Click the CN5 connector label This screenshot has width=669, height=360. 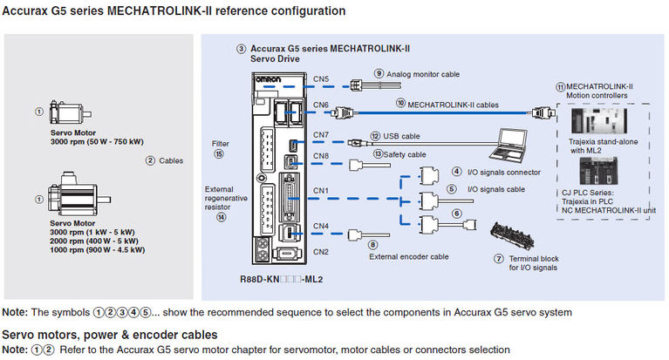point(321,78)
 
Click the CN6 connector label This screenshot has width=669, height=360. point(321,105)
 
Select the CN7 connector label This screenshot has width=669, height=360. point(321,134)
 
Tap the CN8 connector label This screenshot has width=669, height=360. point(321,157)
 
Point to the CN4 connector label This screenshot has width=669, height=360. point(321,227)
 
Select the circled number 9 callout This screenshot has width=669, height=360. point(379,74)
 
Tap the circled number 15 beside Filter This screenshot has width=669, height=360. point(219,153)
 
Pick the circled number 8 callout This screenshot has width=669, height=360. point(372,245)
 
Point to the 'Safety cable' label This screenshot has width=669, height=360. point(406,153)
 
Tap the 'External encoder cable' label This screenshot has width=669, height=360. point(408,257)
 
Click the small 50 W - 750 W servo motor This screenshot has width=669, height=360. point(68,112)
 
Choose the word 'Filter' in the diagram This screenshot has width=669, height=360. point(220,143)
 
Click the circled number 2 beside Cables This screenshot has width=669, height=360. point(150,160)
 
